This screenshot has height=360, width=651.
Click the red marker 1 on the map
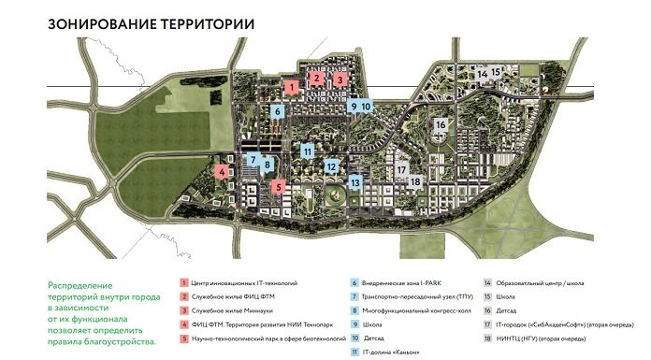click(x=292, y=87)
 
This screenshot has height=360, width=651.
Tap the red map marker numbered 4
click(x=221, y=172)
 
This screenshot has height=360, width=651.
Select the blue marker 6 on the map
click(x=277, y=111)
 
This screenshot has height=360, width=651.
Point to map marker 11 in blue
click(x=307, y=151)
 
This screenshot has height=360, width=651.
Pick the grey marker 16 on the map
click(x=440, y=125)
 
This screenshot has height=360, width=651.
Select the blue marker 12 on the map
click(x=331, y=166)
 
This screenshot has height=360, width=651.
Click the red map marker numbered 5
click(x=278, y=187)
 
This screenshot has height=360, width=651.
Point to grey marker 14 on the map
click(x=481, y=73)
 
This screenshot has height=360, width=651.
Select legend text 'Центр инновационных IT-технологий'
click(x=239, y=281)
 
